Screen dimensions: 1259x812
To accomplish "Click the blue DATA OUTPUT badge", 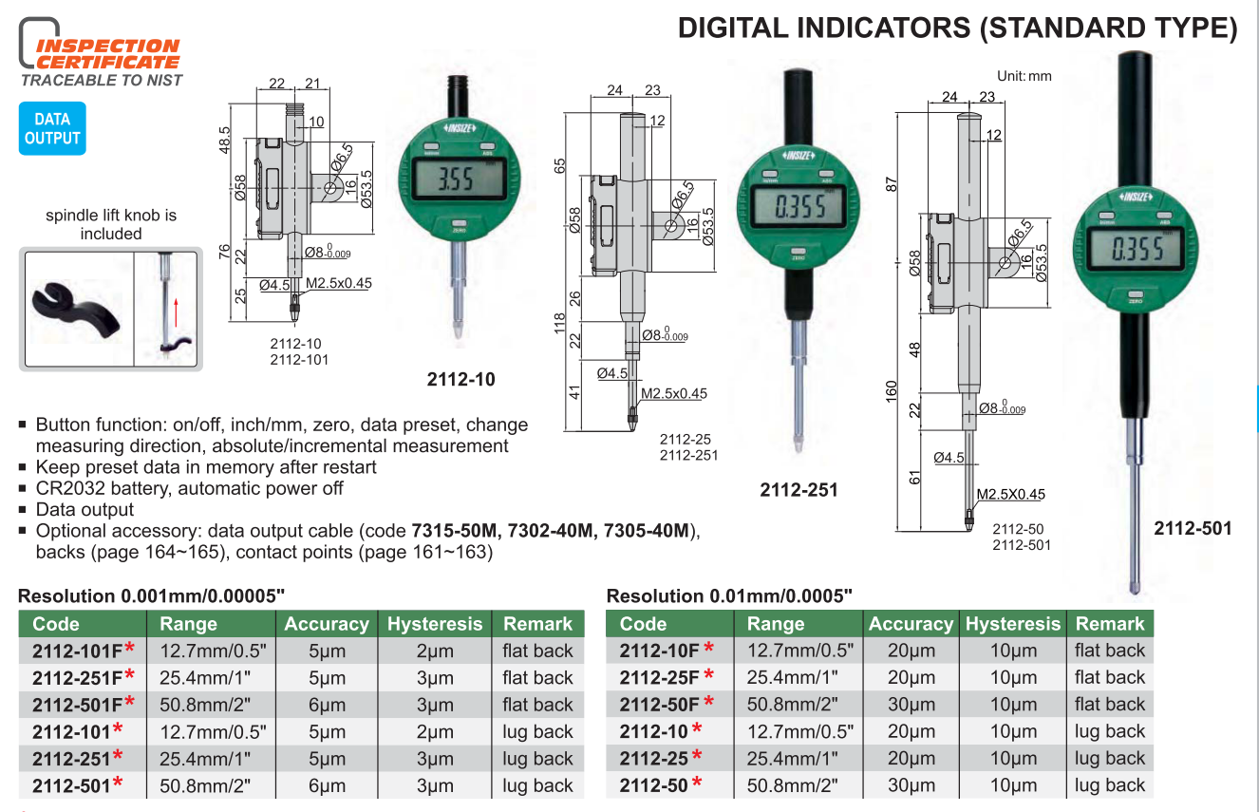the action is point(52,128).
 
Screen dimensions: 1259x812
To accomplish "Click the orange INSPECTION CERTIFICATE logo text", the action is point(107,54).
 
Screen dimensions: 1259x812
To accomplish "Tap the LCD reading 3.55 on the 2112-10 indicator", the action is point(456,179).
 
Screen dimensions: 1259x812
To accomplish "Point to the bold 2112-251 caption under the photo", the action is point(799,490).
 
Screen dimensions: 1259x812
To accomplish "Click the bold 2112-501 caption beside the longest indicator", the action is point(1193,528).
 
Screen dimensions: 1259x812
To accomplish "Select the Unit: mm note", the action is point(1024,76).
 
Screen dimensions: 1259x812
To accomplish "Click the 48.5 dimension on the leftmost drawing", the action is point(224,140).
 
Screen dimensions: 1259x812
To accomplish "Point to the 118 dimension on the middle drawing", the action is point(559,324).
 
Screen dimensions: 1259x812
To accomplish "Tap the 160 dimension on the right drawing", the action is point(892,391).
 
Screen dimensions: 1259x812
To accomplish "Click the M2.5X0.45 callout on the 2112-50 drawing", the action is point(1010,494).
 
